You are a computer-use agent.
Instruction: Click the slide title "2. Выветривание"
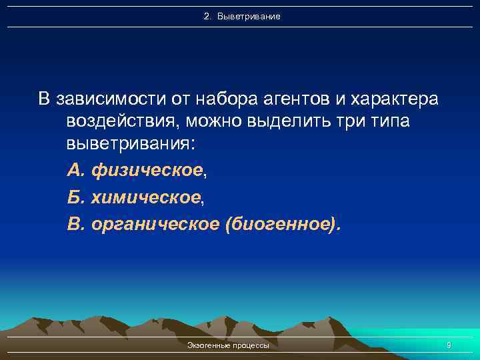(242, 15)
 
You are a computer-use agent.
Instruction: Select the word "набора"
(221, 99)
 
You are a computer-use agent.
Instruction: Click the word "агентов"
(299, 99)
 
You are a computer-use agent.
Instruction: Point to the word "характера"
(395, 99)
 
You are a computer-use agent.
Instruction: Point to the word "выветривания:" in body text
(131, 145)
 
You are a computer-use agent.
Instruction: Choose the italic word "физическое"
(147, 171)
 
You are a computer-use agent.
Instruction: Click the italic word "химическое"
(145, 197)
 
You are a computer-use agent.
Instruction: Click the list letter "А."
(76, 171)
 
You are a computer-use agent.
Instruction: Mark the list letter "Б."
(75, 197)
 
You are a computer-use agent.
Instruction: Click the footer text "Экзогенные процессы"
(229, 346)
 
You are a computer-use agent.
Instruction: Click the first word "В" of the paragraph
(44, 99)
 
